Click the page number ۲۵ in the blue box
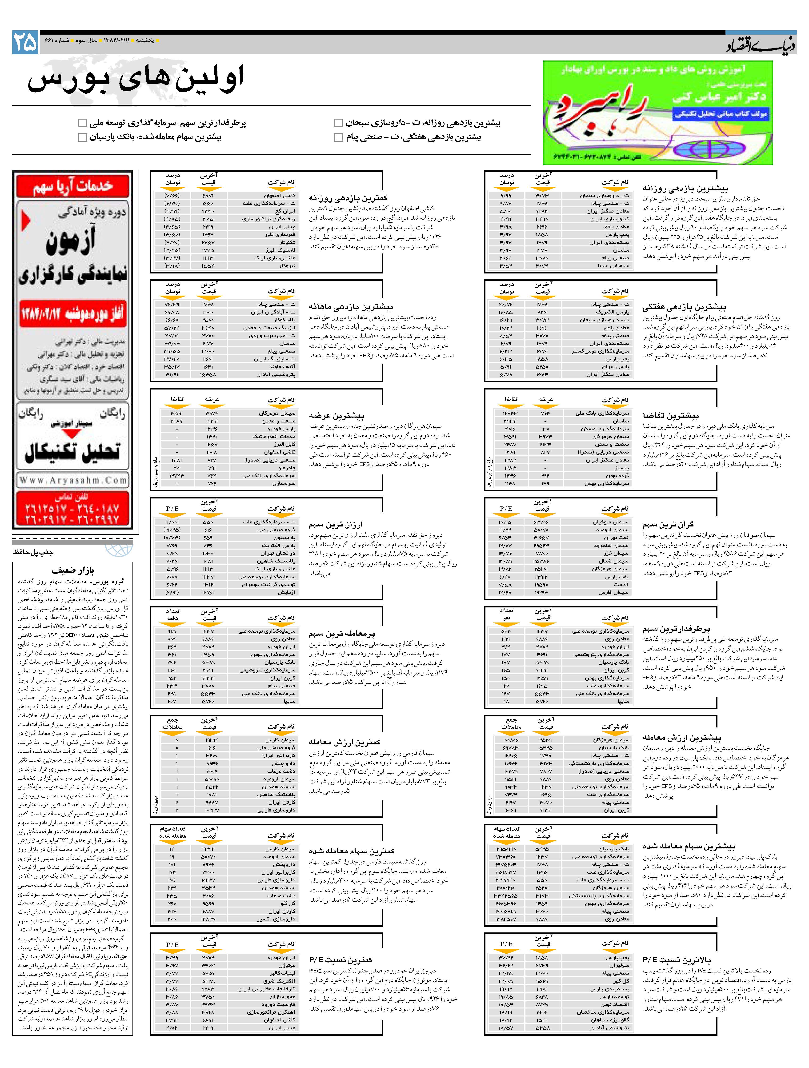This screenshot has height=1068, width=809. click(25, 43)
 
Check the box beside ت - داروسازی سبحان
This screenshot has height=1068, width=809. click(339, 123)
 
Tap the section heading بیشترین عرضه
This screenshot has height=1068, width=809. click(336, 415)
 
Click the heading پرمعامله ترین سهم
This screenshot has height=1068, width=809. click(342, 634)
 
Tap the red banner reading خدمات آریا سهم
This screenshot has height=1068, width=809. click(72, 186)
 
